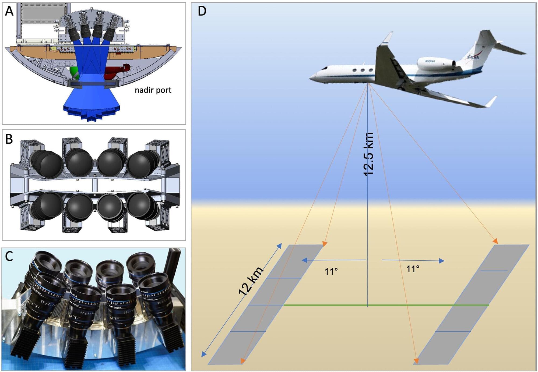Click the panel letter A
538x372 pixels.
click(9, 11)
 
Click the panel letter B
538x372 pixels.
click(9, 139)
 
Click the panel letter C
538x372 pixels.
click(9, 256)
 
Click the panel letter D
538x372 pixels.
click(202, 11)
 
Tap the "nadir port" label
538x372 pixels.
click(153, 90)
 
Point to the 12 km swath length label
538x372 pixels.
click(251, 281)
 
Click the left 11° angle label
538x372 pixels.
click(331, 271)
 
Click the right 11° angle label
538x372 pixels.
click(413, 269)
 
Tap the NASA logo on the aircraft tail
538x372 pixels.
click(473, 57)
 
